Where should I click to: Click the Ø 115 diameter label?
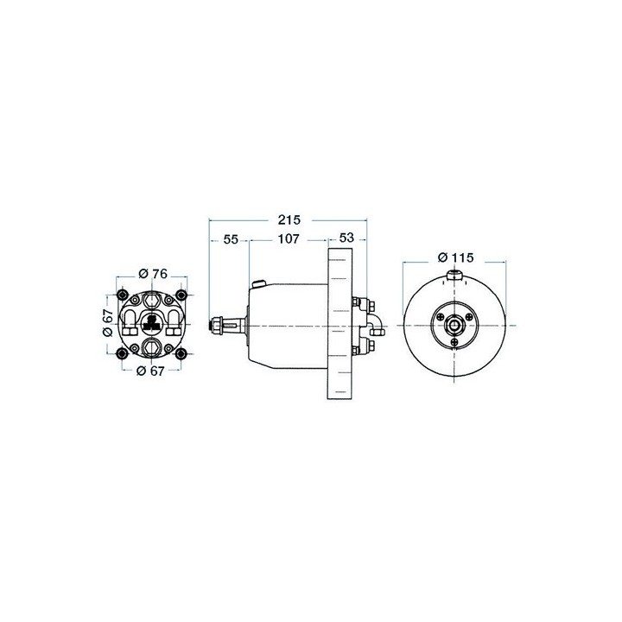(x=453, y=257)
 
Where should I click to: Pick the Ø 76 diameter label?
(x=152, y=274)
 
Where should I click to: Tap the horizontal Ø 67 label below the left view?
(x=152, y=371)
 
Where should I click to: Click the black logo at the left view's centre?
(x=151, y=324)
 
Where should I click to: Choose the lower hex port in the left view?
(x=152, y=348)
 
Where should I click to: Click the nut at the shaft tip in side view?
(x=215, y=327)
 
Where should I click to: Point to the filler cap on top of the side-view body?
(x=257, y=283)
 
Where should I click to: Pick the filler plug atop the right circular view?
(x=454, y=277)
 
